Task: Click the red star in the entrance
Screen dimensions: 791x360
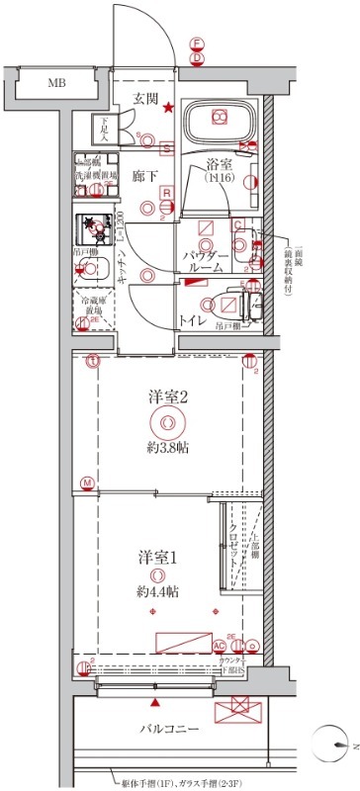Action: [169, 108]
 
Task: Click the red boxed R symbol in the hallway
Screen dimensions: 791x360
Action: [168, 193]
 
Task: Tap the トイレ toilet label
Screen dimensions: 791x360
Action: [192, 321]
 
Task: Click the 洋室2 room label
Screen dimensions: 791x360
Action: [169, 397]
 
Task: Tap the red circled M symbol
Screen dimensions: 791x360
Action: [88, 483]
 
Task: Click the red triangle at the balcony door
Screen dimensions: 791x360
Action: [155, 702]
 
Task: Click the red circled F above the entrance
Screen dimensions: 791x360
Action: [198, 44]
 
